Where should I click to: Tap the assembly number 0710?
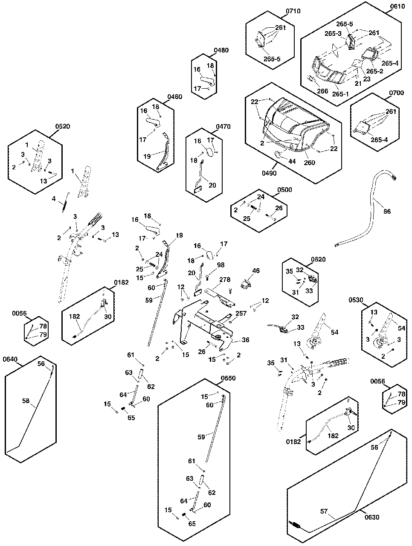293,11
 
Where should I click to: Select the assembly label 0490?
270,173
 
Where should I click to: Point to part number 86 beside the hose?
387,211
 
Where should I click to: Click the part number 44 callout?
292,162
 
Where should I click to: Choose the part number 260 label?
310,163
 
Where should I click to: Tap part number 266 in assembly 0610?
322,91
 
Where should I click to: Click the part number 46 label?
255,271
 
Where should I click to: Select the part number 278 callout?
225,280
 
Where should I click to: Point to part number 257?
241,314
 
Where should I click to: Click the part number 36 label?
245,340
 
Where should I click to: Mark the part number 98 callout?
221,265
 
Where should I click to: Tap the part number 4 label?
54,198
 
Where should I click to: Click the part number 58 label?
26,401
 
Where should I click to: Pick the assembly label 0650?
228,378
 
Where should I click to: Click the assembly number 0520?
62,126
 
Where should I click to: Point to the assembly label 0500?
284,190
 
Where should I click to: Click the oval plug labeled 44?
277,154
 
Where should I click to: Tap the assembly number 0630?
372,517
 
